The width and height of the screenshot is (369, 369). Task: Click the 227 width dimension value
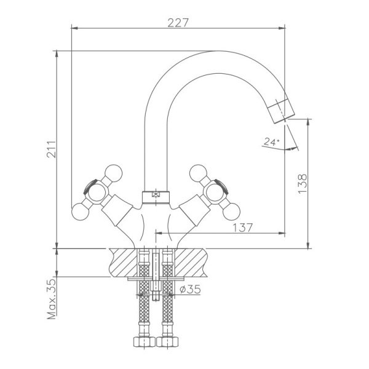pos(178,23)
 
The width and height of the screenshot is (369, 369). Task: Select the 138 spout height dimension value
pos(302,184)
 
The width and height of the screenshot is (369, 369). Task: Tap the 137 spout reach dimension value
pos(243,227)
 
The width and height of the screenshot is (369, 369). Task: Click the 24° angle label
pos(271,142)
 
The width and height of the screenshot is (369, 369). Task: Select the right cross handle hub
pos(217,192)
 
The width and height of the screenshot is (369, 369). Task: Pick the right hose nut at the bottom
pos(167,342)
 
